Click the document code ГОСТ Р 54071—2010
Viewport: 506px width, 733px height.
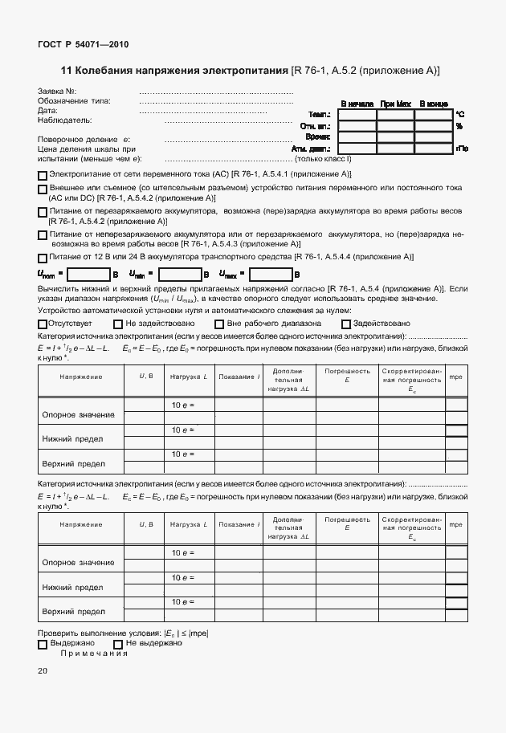pyautogui.click(x=83, y=45)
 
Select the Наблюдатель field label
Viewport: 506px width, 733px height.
pyautogui.click(x=65, y=120)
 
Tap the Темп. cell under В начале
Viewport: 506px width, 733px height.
pyautogui.click(x=357, y=115)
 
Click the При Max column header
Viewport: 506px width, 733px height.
pyautogui.click(x=396, y=104)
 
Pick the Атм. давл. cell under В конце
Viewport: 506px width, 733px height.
pyautogui.click(x=434, y=149)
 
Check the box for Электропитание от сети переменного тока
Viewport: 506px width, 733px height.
pyautogui.click(x=43, y=175)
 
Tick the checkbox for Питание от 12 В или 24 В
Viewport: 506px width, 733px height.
pyautogui.click(x=43, y=258)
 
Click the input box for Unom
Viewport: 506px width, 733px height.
pyautogui.click(x=88, y=275)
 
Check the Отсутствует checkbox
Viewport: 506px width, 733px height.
pyautogui.click(x=43, y=324)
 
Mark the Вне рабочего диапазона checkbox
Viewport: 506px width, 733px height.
pyautogui.click(x=219, y=324)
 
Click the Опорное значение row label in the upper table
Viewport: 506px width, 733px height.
pyautogui.click(x=78, y=415)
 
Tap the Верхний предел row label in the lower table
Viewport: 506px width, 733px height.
pyautogui.click(x=74, y=611)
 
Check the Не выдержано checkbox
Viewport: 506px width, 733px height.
pyautogui.click(x=119, y=644)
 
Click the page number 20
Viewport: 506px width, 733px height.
pyautogui.click(x=43, y=671)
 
